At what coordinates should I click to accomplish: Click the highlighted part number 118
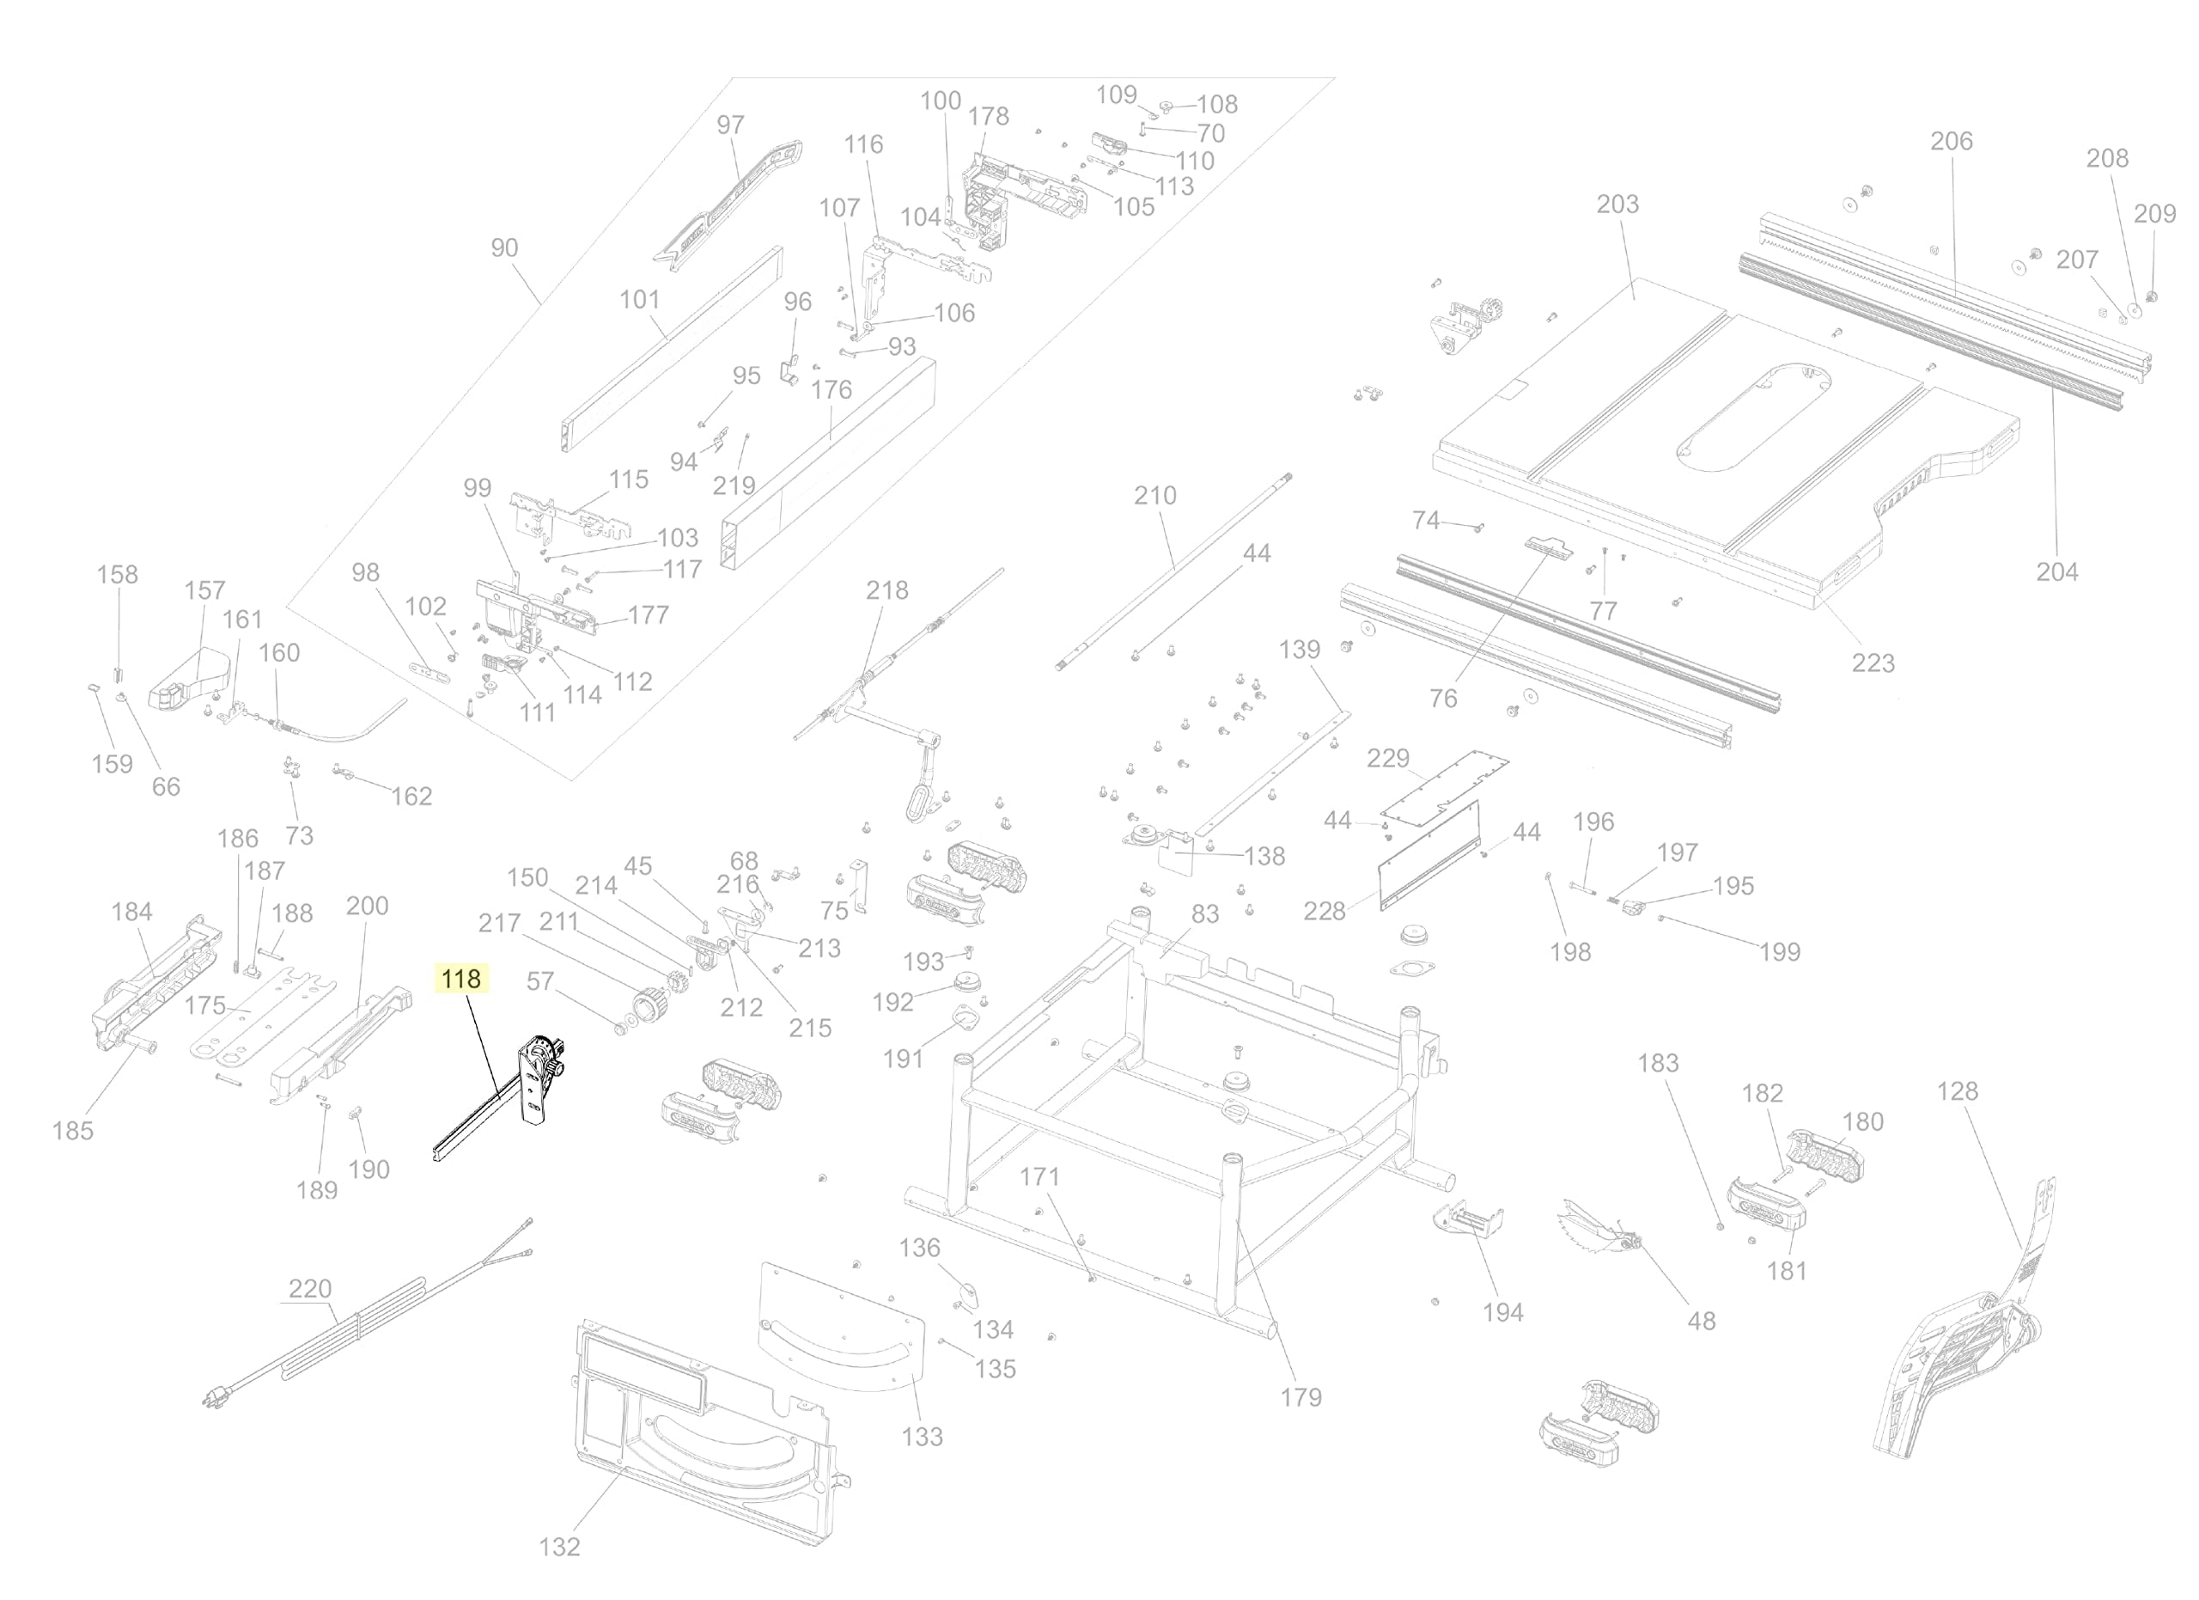point(460,980)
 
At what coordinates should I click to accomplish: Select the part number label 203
point(1617,205)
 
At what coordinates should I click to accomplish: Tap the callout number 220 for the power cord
point(310,1289)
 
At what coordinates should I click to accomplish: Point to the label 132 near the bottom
point(559,1547)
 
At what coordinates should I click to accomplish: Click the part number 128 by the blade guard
point(1958,1091)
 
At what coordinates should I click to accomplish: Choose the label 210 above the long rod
point(1154,496)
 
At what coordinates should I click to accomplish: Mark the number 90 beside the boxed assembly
point(504,248)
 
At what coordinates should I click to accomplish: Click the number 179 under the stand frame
point(1301,1397)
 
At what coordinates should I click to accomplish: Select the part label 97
point(730,125)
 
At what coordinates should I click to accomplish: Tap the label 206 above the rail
point(1951,142)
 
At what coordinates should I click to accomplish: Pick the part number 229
point(1387,758)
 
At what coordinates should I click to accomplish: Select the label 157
point(204,590)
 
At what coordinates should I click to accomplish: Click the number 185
point(73,1131)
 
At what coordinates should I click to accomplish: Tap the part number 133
point(921,1436)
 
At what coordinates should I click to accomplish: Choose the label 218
point(887,590)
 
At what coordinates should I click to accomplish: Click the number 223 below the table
point(1873,663)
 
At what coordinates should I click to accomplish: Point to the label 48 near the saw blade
point(1702,1321)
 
